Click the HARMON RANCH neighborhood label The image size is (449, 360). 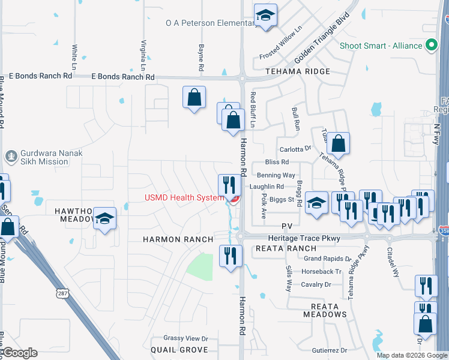point(178,239)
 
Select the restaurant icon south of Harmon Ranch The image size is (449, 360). point(229,256)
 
